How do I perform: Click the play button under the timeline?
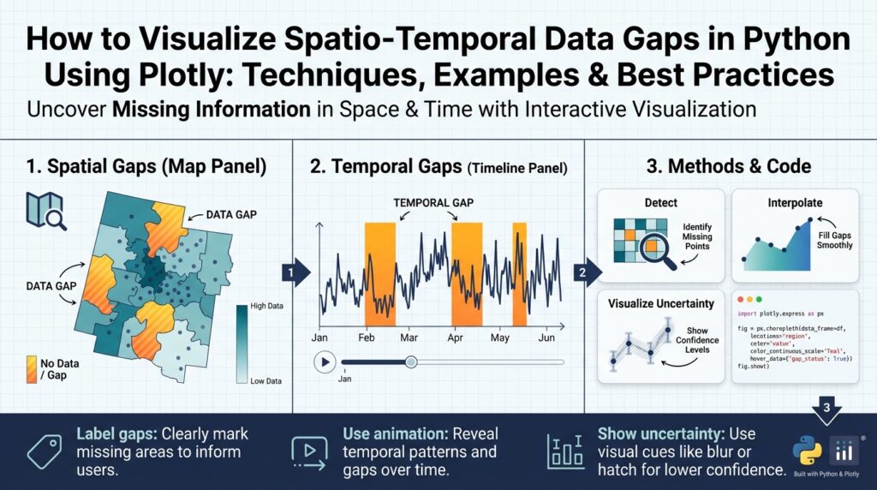[x=324, y=362]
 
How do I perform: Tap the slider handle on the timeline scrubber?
[x=411, y=362]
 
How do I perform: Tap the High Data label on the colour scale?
[x=265, y=305]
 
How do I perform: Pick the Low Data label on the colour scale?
[x=265, y=379]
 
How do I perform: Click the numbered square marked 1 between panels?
[x=291, y=274]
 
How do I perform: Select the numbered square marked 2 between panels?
[x=583, y=274]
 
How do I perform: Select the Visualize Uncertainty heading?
[x=659, y=303]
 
